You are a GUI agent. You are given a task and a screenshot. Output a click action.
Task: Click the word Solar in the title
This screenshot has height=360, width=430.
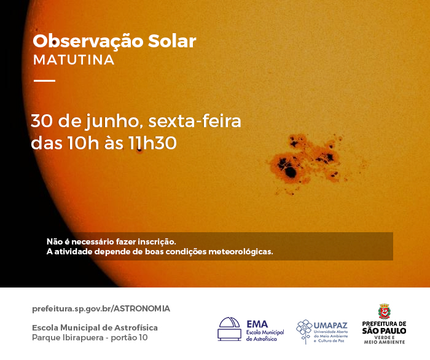(172, 41)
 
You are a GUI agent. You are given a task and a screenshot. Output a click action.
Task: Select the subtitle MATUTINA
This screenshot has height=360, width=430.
(74, 60)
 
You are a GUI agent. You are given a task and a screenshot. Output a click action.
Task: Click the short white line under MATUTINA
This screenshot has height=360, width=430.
(44, 80)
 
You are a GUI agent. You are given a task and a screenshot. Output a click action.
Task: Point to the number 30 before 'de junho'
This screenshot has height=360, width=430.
(41, 120)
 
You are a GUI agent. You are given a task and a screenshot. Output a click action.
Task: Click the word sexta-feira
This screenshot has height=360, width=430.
(195, 120)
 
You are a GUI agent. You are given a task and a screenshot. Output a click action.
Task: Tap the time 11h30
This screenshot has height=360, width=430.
(152, 143)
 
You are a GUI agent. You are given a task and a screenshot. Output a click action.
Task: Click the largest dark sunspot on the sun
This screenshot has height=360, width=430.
(290, 172)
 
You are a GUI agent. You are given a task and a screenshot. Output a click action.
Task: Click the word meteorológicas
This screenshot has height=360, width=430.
(241, 251)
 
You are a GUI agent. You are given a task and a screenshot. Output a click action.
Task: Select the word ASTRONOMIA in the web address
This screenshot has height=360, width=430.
(142, 309)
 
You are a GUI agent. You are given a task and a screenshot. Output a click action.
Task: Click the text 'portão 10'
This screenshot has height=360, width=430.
(129, 337)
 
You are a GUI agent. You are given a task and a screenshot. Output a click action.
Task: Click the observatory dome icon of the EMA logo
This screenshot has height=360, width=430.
(229, 329)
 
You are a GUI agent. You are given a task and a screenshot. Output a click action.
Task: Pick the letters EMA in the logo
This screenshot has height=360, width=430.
(257, 324)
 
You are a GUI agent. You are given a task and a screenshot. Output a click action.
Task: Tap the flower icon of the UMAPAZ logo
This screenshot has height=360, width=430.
(304, 331)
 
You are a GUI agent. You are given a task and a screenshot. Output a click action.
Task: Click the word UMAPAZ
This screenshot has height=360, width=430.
(330, 326)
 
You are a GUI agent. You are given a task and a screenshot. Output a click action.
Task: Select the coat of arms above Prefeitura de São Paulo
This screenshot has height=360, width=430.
(384, 311)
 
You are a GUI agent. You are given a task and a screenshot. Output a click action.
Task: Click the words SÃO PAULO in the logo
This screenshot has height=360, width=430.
(384, 331)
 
